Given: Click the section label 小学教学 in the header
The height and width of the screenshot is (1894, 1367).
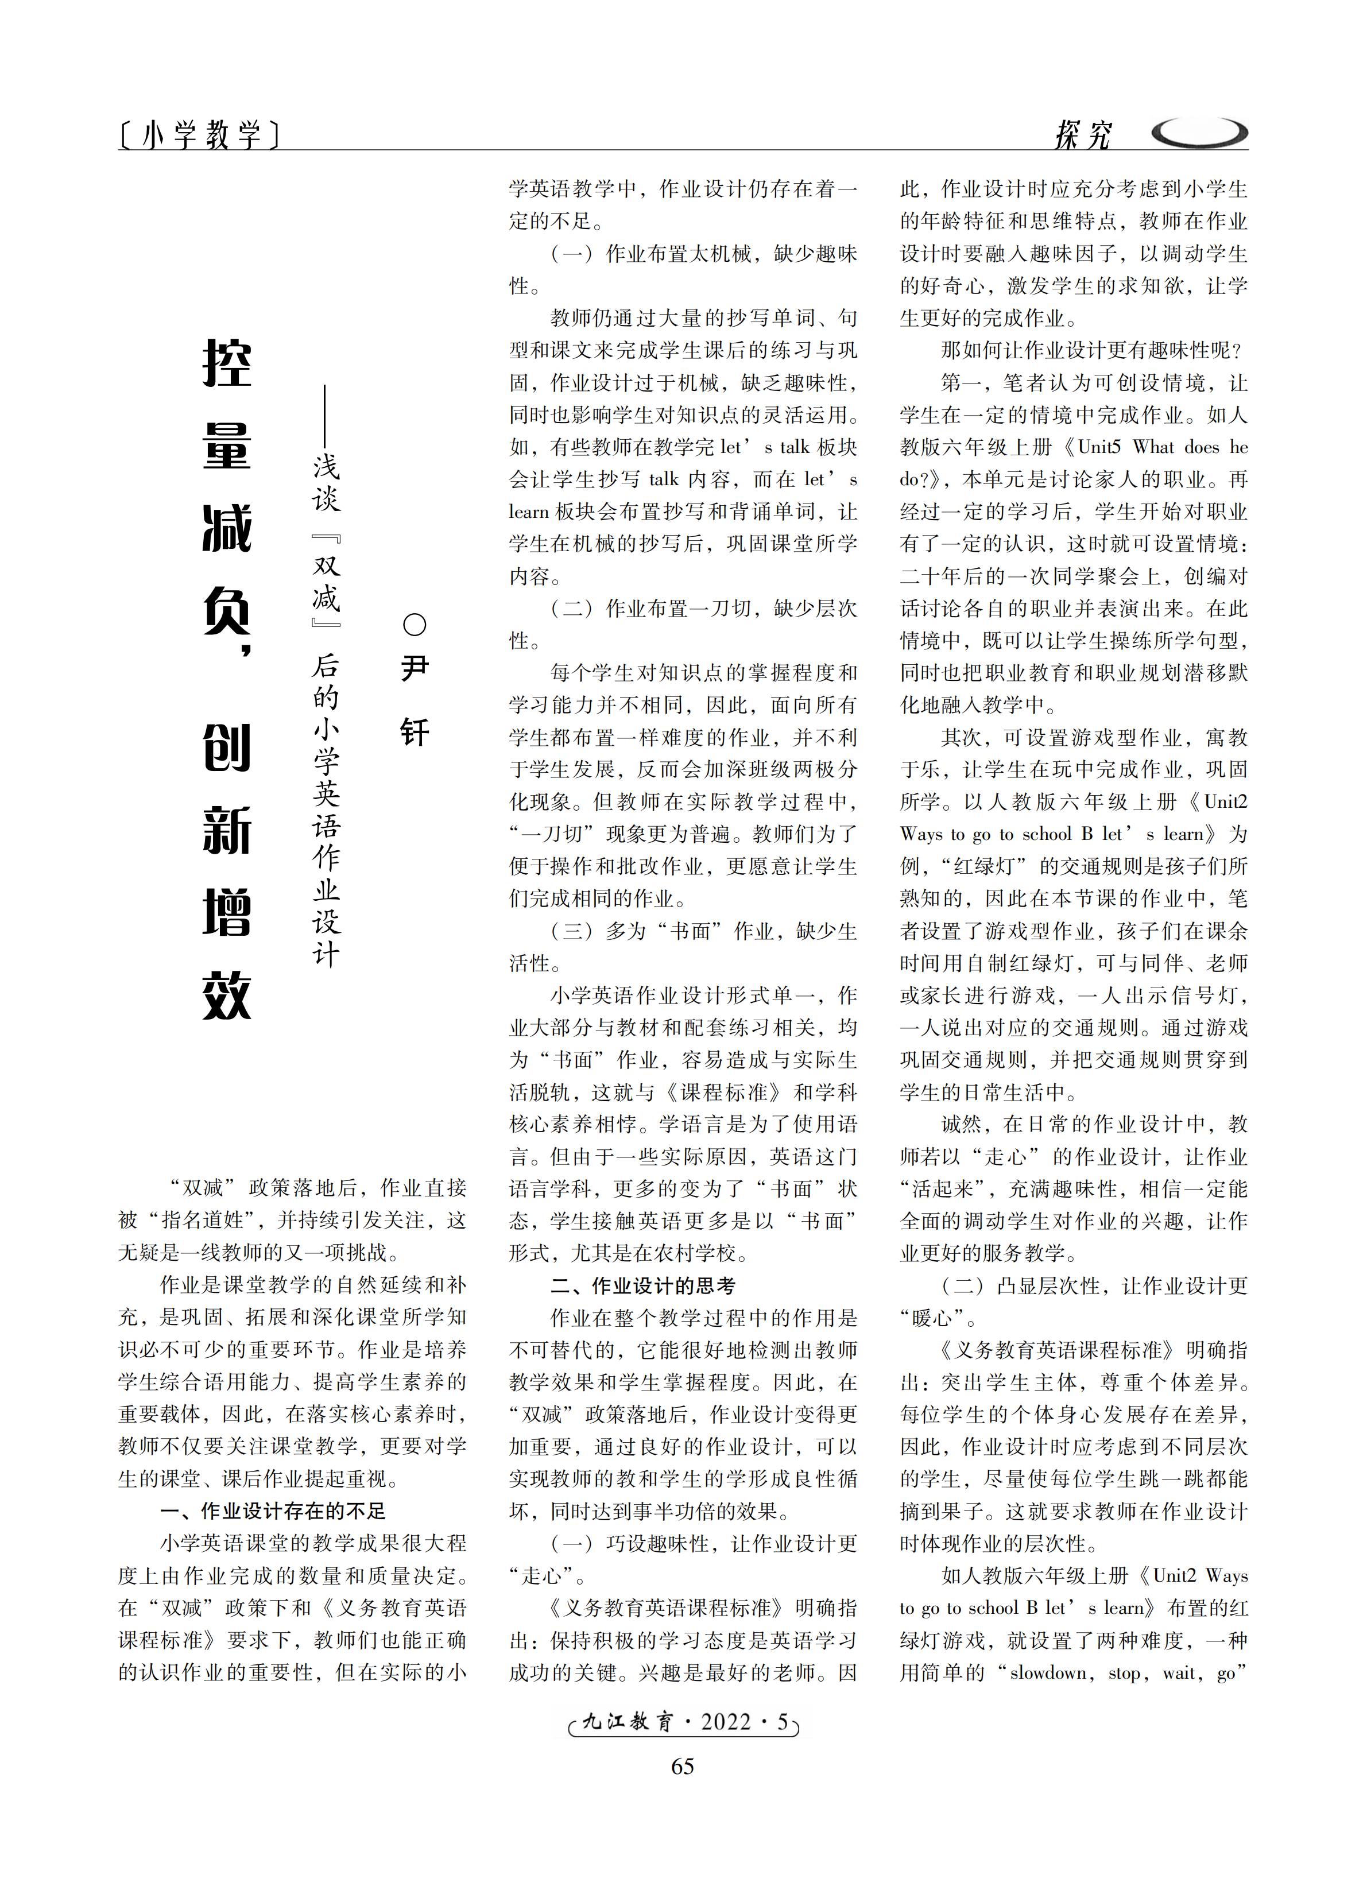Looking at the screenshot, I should pos(200,134).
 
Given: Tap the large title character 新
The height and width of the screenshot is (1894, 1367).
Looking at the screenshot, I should pos(227,830).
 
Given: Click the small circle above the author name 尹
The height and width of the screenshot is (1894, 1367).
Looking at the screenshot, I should pos(414,625).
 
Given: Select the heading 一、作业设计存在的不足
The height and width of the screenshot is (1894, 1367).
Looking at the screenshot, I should pos(272,1510).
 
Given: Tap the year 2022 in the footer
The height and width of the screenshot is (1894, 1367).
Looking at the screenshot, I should pos(726,1722).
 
